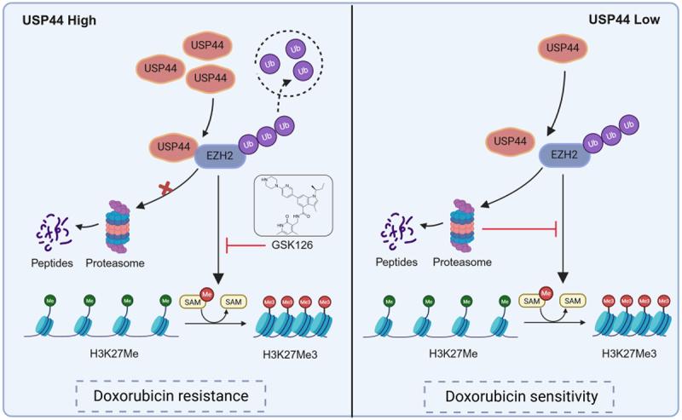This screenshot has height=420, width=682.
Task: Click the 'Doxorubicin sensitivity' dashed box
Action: pos(519,396)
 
